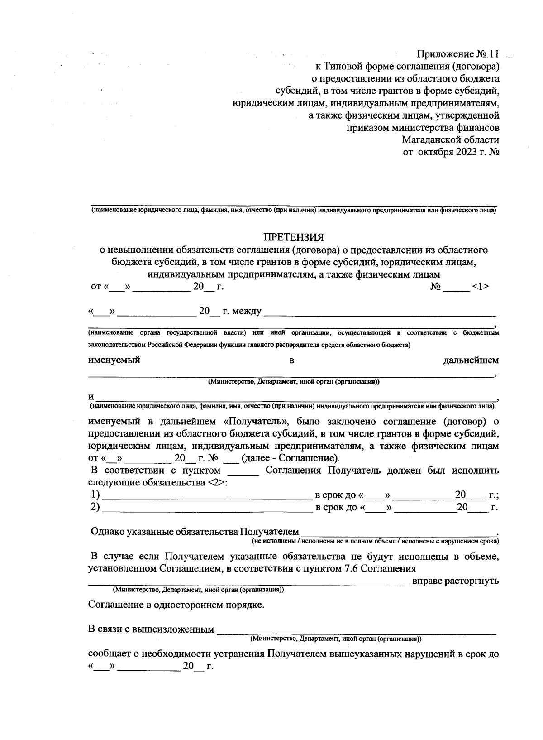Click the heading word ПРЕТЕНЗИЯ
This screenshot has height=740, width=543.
pyautogui.click(x=294, y=237)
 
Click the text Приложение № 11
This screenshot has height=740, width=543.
pyautogui.click(x=457, y=54)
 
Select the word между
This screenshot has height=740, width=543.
pyautogui.click(x=247, y=312)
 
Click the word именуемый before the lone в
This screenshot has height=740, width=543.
pyautogui.click(x=114, y=360)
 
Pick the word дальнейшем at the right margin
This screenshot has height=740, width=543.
pyautogui.click(x=471, y=360)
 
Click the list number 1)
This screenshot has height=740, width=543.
pyautogui.click(x=95, y=495)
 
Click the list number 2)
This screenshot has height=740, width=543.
pyautogui.click(x=95, y=507)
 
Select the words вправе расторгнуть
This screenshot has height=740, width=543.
pyautogui.click(x=456, y=581)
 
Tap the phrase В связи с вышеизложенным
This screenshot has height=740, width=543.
pyautogui.click(x=151, y=629)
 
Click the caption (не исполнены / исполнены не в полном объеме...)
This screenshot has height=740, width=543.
pyautogui.click(x=375, y=541)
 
